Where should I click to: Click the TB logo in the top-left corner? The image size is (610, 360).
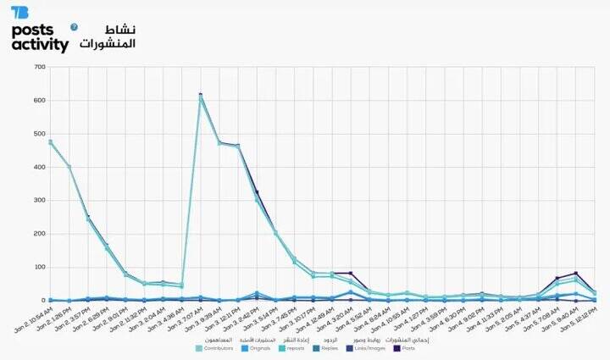tap(19, 13)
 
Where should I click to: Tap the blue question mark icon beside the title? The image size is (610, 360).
tap(74, 27)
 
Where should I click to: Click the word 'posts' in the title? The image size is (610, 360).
tap(33, 30)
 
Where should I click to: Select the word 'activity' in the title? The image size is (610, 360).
tap(40, 46)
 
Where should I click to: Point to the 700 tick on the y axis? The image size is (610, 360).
tap(39, 68)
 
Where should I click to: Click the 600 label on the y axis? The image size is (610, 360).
tap(39, 101)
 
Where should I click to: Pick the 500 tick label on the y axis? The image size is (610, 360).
tap(39, 134)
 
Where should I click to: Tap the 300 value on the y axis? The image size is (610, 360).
tap(39, 201)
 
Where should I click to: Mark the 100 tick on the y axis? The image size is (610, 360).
tap(39, 268)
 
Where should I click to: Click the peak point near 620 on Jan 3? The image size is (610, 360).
tap(201, 95)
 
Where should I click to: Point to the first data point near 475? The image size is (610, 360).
tap(51, 142)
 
